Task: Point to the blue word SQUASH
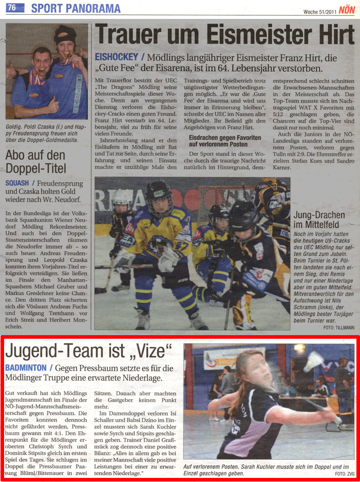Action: coord(17,183)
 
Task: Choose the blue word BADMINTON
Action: coord(26,368)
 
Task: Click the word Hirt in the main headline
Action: coord(329,36)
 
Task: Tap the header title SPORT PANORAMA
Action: coord(76,8)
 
